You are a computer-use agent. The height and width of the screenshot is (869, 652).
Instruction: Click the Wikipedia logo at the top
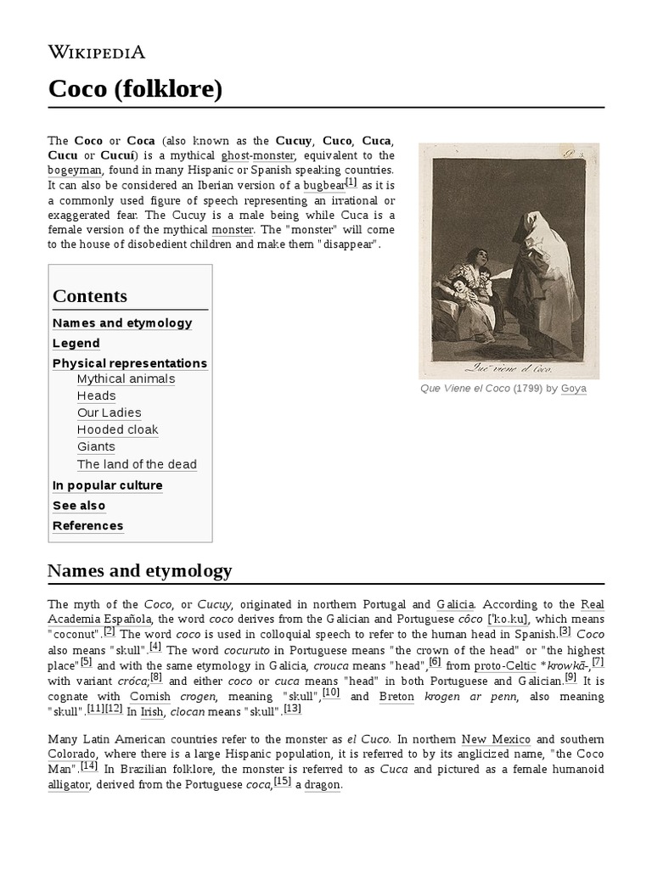[x=96, y=52]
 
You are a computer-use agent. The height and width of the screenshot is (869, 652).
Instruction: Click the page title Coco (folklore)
[x=135, y=89]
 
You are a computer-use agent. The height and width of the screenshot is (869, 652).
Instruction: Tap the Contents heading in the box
[x=90, y=296]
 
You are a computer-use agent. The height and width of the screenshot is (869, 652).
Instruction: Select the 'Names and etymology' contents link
[x=122, y=323]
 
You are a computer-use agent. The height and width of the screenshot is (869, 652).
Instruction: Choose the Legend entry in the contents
[x=76, y=344]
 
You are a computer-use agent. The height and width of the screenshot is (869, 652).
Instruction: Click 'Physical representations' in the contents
[x=130, y=363]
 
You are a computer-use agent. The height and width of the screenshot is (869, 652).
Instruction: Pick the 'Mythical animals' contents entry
[x=126, y=379]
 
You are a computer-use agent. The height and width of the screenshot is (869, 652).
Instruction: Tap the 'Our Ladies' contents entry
[x=109, y=413]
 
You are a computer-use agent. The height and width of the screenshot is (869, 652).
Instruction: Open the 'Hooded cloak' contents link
[x=117, y=430]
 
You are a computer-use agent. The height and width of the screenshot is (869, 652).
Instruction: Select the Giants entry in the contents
[x=96, y=447]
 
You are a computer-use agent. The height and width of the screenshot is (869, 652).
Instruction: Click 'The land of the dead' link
[x=137, y=465]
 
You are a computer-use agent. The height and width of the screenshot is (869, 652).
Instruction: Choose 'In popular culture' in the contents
[x=108, y=485]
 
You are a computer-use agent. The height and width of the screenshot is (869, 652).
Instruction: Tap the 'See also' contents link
[x=79, y=506]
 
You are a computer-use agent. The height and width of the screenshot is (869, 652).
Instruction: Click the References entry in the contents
[x=87, y=526]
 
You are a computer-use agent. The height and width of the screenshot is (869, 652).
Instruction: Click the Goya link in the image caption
[x=574, y=389]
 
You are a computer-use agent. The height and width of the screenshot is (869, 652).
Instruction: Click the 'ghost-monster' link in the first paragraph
[x=258, y=156]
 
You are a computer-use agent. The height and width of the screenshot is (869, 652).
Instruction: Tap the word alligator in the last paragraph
[x=68, y=785]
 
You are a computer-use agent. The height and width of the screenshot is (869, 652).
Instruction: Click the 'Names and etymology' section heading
[x=140, y=571]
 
